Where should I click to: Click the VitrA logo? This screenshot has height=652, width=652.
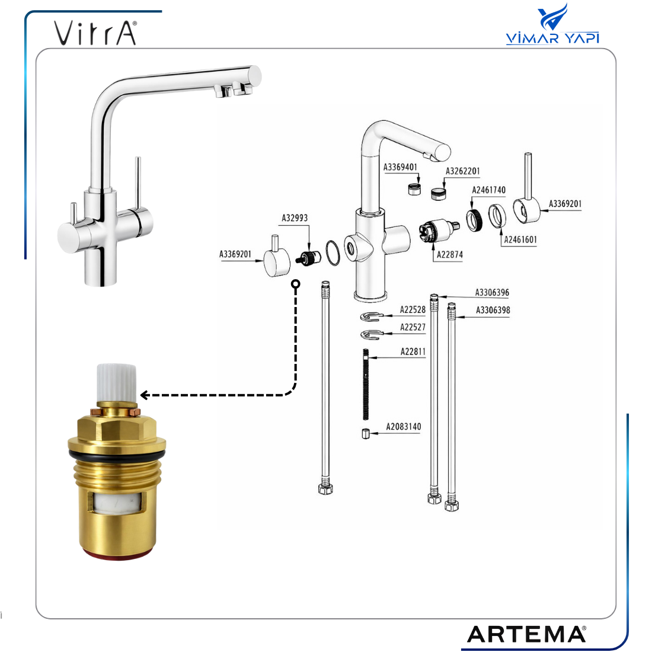[95, 33]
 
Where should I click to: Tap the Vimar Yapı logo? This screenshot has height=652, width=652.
[552, 24]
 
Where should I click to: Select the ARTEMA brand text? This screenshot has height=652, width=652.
[526, 634]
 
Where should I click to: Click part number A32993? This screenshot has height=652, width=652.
[295, 218]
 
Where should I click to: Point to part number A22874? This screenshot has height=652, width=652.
[449, 254]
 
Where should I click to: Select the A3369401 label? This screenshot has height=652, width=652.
[400, 167]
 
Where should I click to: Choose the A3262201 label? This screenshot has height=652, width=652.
[462, 171]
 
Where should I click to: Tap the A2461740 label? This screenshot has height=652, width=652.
[488, 190]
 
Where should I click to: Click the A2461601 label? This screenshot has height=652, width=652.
[520, 239]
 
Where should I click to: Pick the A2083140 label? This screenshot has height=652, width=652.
[403, 427]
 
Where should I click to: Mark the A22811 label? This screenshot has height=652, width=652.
[413, 351]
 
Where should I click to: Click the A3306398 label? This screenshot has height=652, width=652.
[493, 310]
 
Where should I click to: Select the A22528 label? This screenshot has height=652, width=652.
[413, 310]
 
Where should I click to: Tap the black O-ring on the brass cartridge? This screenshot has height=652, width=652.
[117, 454]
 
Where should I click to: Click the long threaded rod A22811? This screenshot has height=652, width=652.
[366, 384]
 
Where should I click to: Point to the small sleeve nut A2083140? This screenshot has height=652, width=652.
[366, 433]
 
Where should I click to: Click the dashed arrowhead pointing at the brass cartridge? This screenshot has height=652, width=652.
[145, 395]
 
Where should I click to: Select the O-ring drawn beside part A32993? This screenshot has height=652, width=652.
[333, 253]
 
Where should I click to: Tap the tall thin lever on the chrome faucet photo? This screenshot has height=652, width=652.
[138, 183]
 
